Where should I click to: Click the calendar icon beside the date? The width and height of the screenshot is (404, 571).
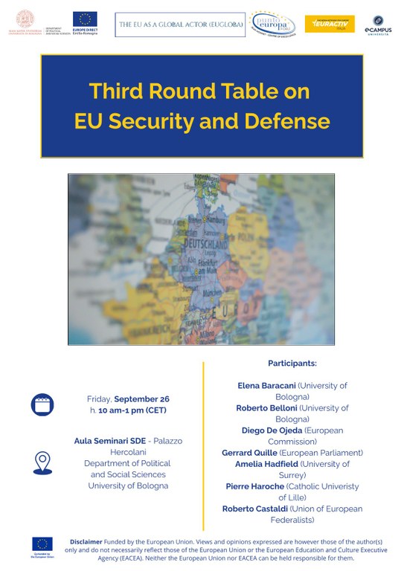(x=42, y=404)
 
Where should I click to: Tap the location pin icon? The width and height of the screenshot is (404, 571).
(x=42, y=462)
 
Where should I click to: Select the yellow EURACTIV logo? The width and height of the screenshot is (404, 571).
(x=330, y=24)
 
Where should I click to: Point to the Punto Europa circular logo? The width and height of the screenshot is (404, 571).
(x=272, y=24)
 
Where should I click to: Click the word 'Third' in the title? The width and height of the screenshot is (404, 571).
(x=112, y=91)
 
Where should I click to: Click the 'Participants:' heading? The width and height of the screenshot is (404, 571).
(x=292, y=364)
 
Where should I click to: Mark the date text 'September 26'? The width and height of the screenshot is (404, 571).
(x=142, y=399)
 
